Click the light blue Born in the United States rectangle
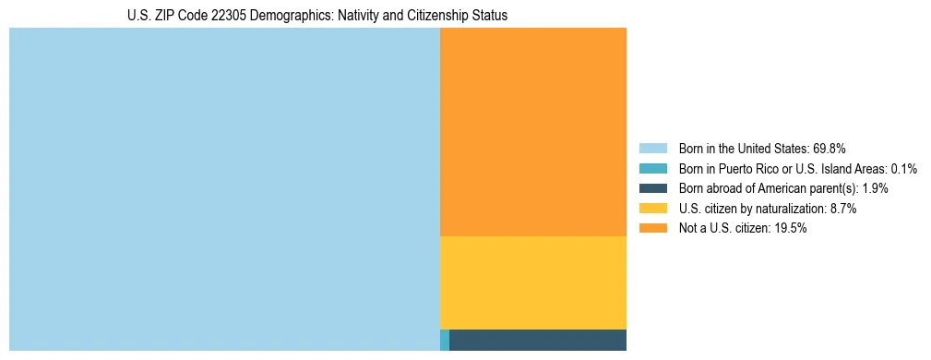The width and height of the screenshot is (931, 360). pyautogui.click(x=224, y=189)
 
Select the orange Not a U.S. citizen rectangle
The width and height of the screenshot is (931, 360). pyautogui.click(x=533, y=132)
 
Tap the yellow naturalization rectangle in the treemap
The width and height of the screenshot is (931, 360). pyautogui.click(x=533, y=282)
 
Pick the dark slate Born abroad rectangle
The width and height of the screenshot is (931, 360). pyautogui.click(x=538, y=340)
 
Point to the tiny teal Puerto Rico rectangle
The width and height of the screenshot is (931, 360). pyautogui.click(x=445, y=340)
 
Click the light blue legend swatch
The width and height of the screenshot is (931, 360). pyautogui.click(x=653, y=148)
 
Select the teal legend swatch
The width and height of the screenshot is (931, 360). pyautogui.click(x=653, y=168)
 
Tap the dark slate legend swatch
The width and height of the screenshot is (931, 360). pyautogui.click(x=653, y=188)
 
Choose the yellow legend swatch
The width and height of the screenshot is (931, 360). pyautogui.click(x=653, y=209)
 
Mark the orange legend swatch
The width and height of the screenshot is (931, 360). pyautogui.click(x=653, y=228)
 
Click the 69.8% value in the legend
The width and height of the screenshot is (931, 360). pyautogui.click(x=829, y=148)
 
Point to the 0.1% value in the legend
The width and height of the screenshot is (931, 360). pyautogui.click(x=903, y=168)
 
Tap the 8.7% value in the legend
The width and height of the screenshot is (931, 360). pyautogui.click(x=842, y=209)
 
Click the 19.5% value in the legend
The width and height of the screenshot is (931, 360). pyautogui.click(x=791, y=228)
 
